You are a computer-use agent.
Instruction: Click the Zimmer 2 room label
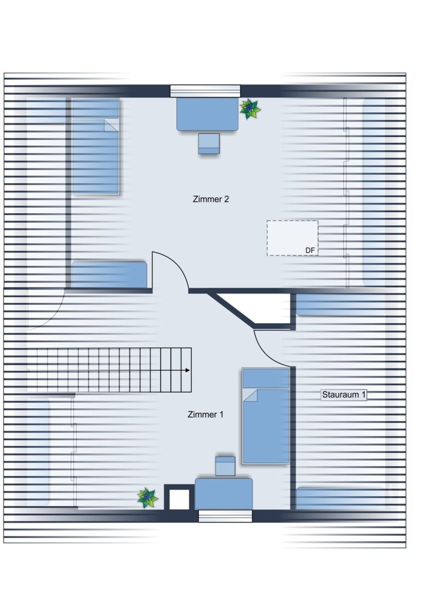click(x=211, y=199)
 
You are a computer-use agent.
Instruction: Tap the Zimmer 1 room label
click(x=206, y=415)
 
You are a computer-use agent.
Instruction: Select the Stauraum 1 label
click(x=344, y=395)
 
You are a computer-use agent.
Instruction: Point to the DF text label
click(x=310, y=251)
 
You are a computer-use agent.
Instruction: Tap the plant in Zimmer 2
click(x=249, y=109)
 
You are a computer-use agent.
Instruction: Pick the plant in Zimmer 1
click(x=147, y=498)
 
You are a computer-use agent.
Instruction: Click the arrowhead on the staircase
click(x=187, y=370)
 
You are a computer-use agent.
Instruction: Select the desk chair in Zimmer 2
click(x=209, y=144)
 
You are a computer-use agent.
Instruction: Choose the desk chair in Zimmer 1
click(x=225, y=466)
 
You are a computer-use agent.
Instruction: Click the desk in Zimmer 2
click(x=207, y=115)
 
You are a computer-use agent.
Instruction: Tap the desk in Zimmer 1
click(x=224, y=494)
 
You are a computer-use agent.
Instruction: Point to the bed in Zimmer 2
click(x=96, y=146)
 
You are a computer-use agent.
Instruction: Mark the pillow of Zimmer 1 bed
click(x=266, y=378)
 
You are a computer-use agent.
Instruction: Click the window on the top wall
click(x=205, y=91)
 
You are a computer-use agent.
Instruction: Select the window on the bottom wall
click(x=225, y=516)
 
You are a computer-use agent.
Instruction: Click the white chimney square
click(x=179, y=499)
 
